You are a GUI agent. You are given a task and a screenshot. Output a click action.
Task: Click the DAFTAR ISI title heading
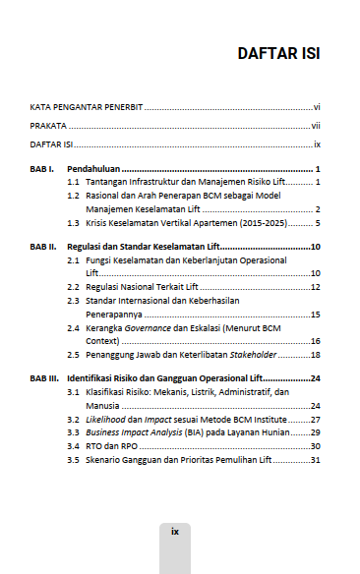pos(278,53)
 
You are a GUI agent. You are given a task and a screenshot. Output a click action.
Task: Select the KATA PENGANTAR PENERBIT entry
pos(87,106)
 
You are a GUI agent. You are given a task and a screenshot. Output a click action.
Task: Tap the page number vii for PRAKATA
pos(316,126)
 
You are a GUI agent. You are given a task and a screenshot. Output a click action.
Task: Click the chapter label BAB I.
pos(43,170)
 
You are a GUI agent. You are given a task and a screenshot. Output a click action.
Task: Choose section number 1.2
pos(73,197)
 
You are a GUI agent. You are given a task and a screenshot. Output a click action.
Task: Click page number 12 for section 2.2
pos(316,286)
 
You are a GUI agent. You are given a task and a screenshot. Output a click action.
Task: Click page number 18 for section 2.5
pos(316,354)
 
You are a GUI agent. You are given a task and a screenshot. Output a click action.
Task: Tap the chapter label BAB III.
pos(45,377)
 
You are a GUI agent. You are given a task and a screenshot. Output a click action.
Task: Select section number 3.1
pos(73,391)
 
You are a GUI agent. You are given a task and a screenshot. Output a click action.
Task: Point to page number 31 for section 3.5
pos(316,459)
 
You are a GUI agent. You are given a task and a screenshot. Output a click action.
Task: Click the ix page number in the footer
pos(175,531)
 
